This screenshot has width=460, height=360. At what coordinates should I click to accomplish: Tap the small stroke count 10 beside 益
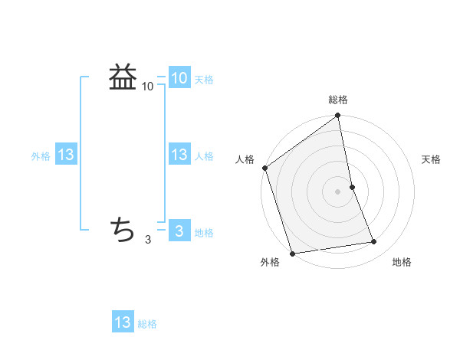[148, 87]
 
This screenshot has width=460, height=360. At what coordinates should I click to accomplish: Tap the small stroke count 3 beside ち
[148, 240]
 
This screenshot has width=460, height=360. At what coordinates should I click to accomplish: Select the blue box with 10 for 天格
[179, 77]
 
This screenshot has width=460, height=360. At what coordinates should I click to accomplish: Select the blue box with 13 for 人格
[179, 155]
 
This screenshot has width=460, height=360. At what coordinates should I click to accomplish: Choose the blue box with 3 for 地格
[179, 231]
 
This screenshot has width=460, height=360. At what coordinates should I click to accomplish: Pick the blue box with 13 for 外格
[66, 155]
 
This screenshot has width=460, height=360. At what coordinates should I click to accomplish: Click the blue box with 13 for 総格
[123, 322]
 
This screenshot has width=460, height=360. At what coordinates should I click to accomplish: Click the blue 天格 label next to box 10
[204, 79]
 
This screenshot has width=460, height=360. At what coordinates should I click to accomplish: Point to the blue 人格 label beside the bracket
[204, 156]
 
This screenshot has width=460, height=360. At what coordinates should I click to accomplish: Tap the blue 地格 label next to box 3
[204, 233]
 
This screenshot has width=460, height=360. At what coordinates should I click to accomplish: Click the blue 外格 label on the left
[41, 156]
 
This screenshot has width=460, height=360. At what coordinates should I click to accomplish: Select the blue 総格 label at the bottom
[147, 324]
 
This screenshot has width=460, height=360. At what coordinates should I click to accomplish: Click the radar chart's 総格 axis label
[338, 100]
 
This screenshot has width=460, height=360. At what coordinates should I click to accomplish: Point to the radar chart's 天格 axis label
[432, 159]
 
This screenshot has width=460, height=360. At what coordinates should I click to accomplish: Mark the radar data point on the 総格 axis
[338, 116]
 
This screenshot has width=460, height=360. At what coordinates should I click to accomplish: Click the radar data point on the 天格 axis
[353, 187]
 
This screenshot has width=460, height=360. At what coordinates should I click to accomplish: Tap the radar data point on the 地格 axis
[374, 242]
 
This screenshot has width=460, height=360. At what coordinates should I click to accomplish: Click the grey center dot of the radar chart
[338, 191]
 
